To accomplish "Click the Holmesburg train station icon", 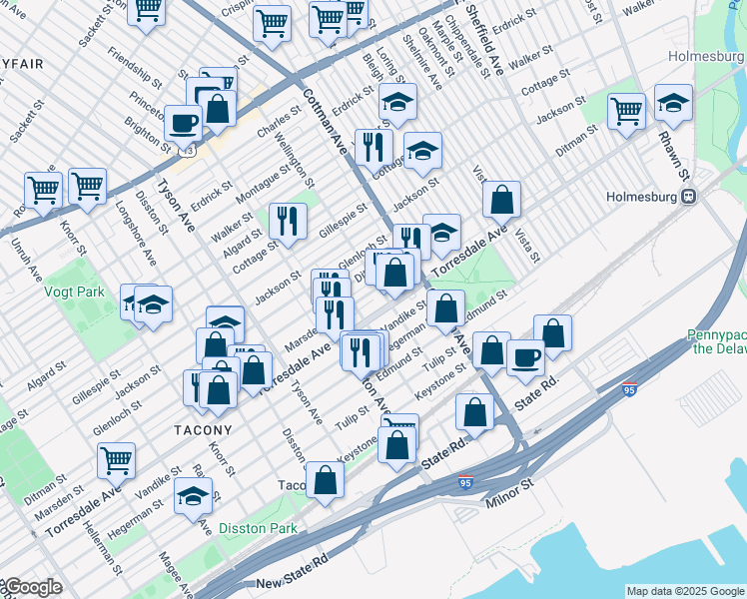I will tap(689, 197).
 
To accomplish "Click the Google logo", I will tap(32, 587).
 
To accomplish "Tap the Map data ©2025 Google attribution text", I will tap(685, 591).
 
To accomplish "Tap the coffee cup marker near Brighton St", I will tap(183, 123).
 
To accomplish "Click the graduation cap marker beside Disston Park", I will tap(193, 495).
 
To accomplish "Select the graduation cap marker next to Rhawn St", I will tap(673, 103).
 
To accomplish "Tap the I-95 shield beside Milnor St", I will tap(466, 483).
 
